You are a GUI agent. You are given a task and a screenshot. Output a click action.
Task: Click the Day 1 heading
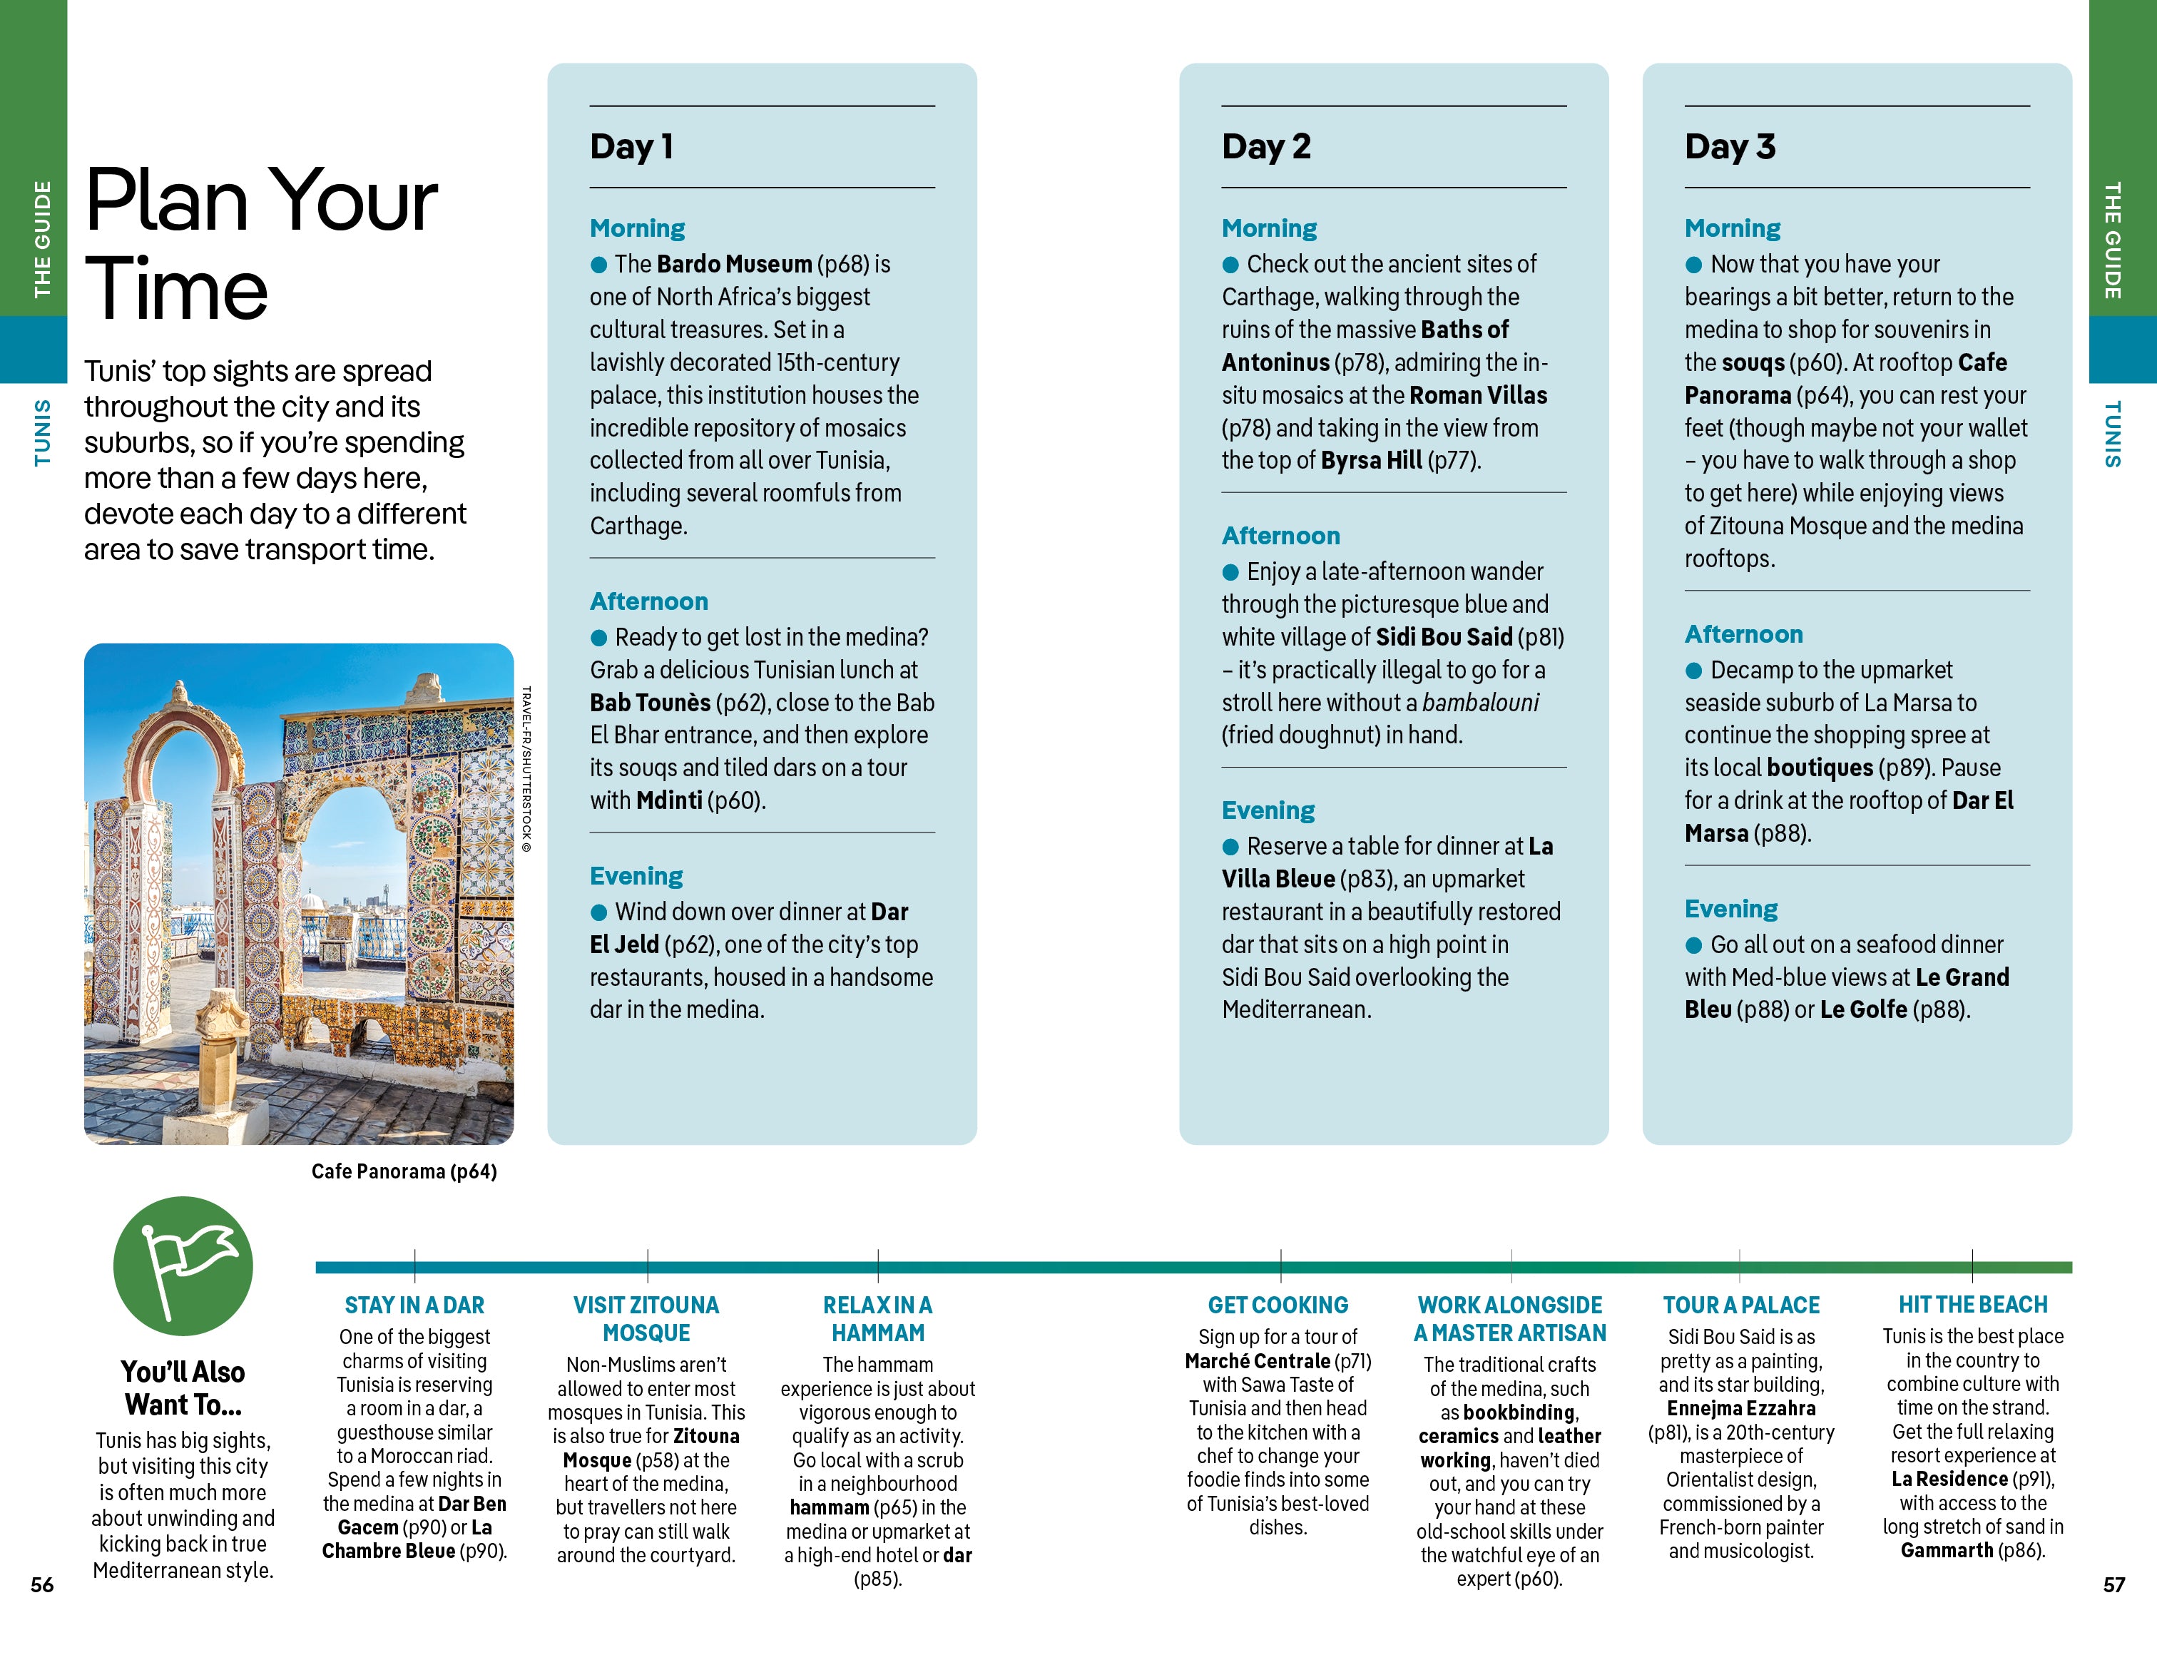pyautogui.click(x=631, y=146)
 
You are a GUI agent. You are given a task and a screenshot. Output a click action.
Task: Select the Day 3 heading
pyautogui.click(x=1729, y=146)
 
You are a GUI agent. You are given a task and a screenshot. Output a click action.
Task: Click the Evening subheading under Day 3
pyautogui.click(x=1730, y=909)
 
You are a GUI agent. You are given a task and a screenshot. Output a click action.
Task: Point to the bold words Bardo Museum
pyautogui.click(x=734, y=264)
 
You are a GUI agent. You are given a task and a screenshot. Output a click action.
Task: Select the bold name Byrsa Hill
pyautogui.click(x=1371, y=460)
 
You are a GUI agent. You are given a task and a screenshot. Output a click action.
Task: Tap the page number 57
pyautogui.click(x=2113, y=1585)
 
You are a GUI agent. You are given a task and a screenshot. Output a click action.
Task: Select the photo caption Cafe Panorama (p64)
pyautogui.click(x=404, y=1171)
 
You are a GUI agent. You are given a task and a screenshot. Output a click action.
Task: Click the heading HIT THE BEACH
pyautogui.click(x=1972, y=1305)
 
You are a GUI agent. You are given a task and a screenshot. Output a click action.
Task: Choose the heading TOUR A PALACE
pyautogui.click(x=1740, y=1305)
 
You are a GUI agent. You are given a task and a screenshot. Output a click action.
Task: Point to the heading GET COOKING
pyautogui.click(x=1278, y=1305)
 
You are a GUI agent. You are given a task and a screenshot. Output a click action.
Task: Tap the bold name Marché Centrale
pyautogui.click(x=1258, y=1361)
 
